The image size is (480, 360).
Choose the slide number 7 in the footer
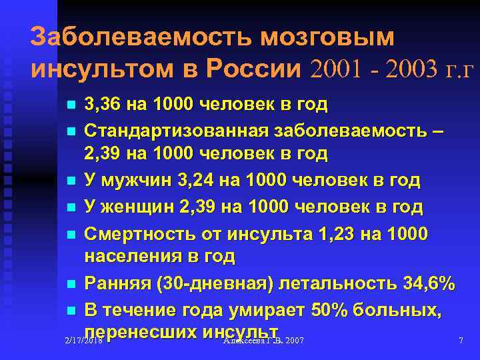[461, 341]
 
